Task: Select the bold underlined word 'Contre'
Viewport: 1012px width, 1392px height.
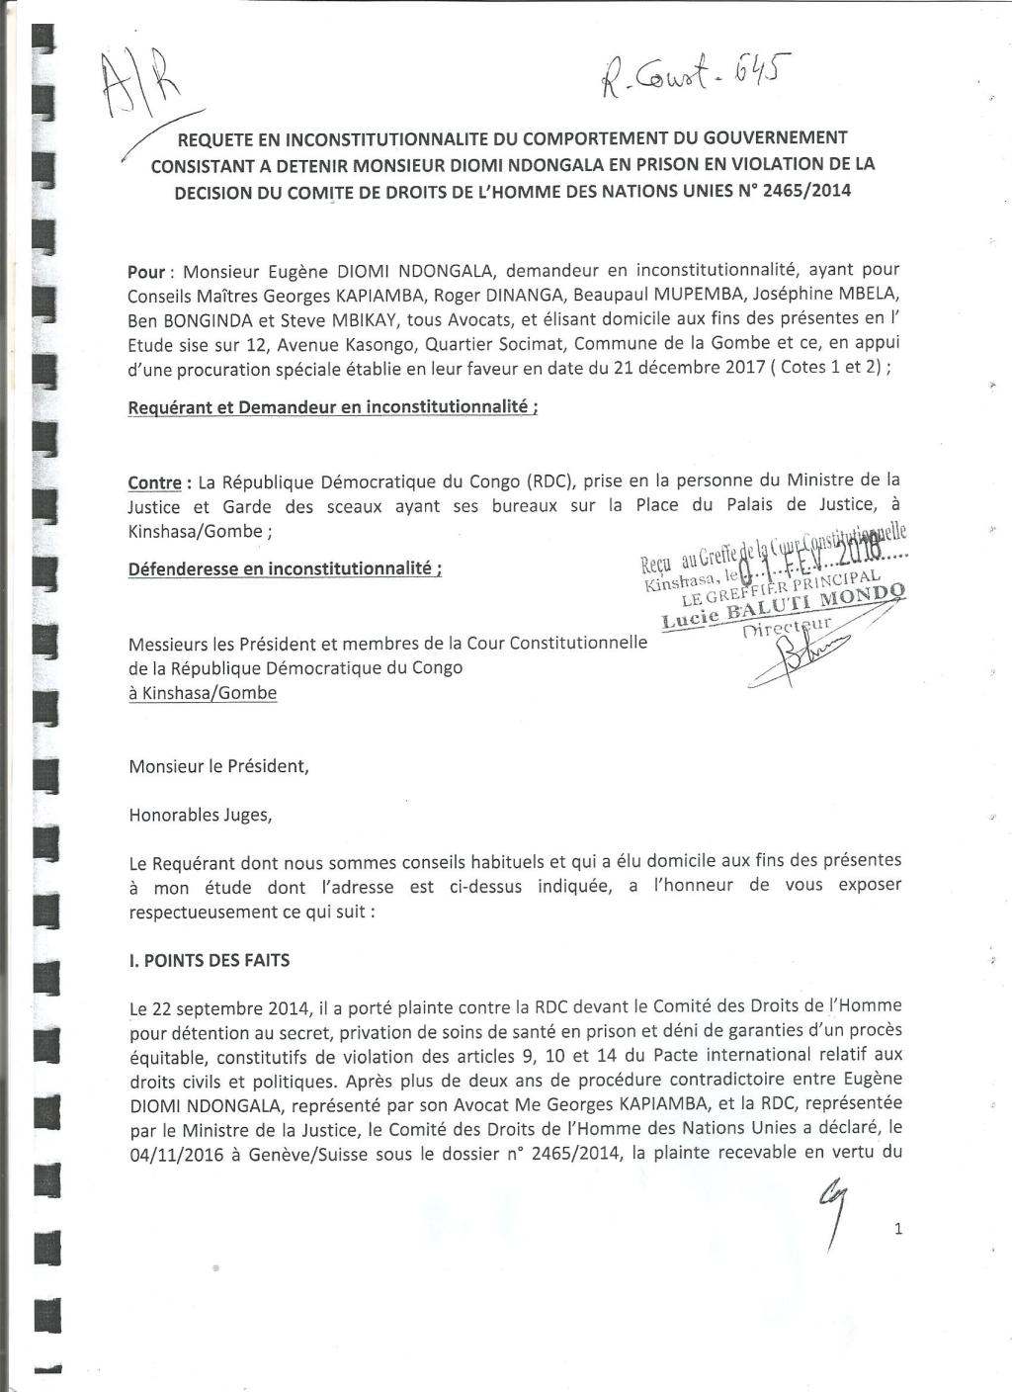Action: (155, 483)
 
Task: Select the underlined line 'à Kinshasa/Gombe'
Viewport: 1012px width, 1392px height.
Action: (203, 693)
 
